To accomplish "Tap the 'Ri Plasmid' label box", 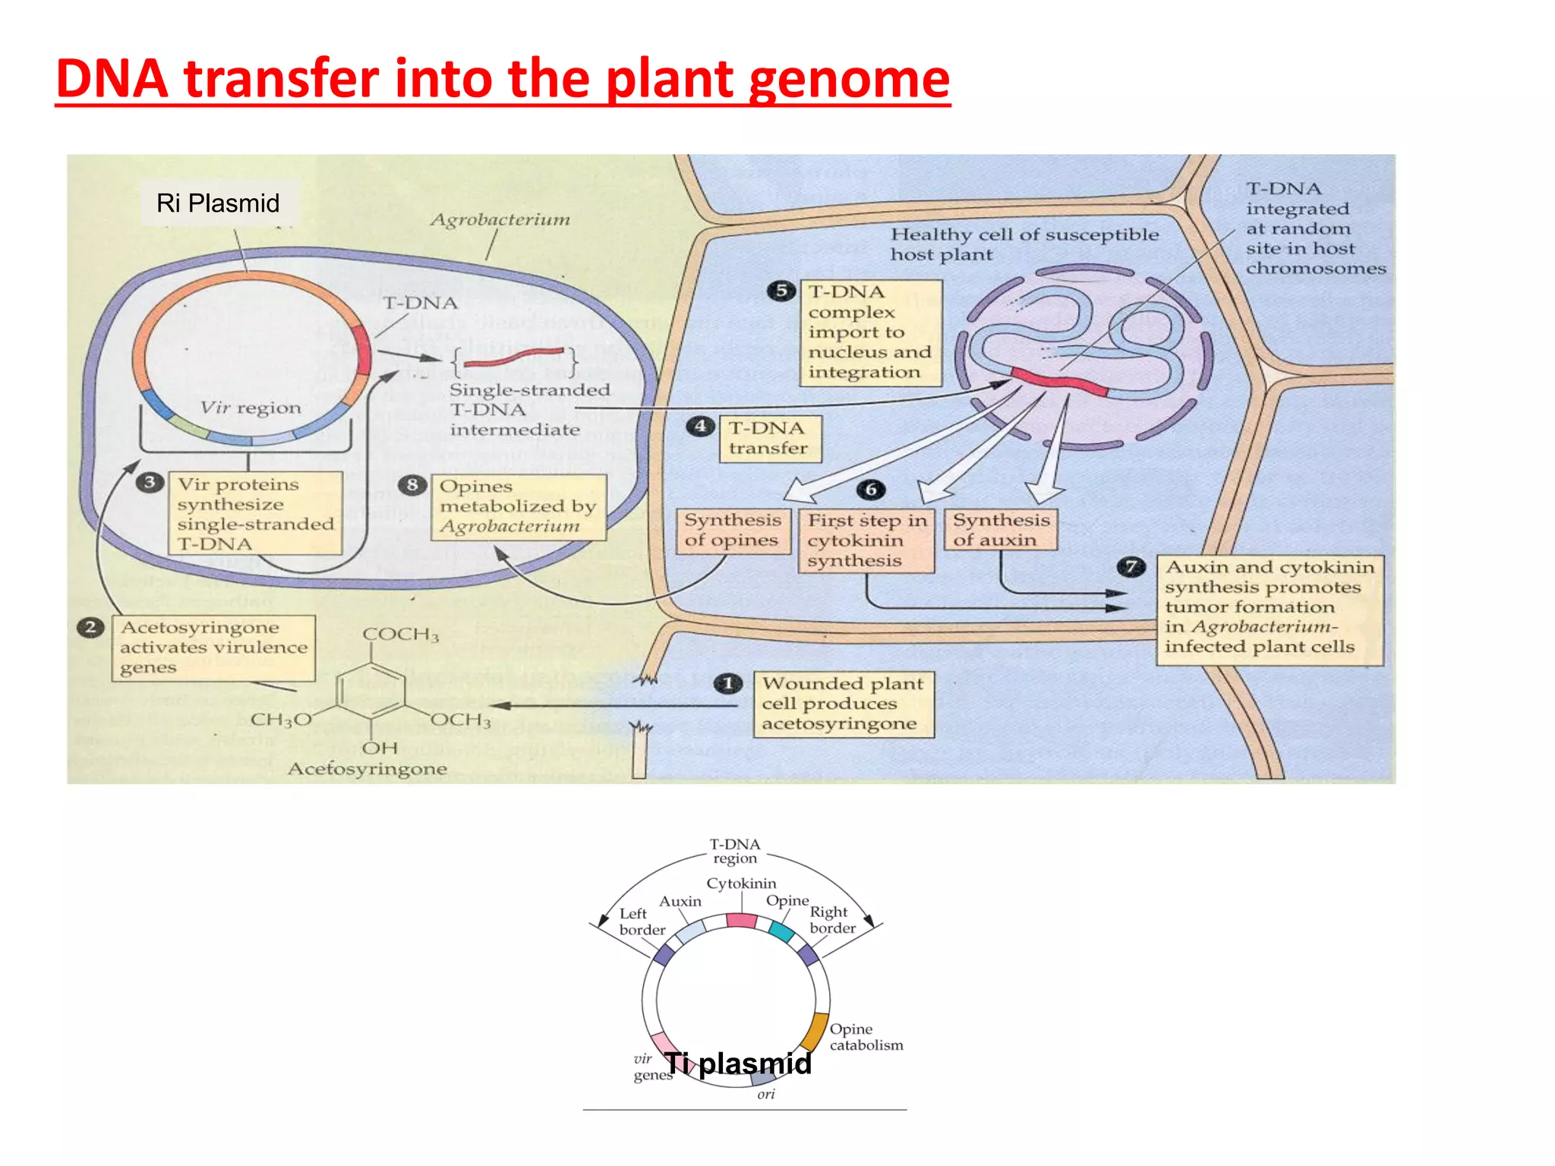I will click(218, 203).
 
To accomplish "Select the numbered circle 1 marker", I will click(728, 683).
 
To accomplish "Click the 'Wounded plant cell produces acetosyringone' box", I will click(843, 704).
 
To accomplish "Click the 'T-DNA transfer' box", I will click(769, 439).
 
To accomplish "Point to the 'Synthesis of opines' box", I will click(732, 531).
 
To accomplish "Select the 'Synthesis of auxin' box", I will click(1001, 530).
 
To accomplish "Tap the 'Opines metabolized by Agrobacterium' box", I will click(519, 506).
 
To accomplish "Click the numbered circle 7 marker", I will click(1131, 567).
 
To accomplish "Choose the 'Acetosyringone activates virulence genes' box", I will click(213, 648).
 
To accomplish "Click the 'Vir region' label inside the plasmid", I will click(251, 408).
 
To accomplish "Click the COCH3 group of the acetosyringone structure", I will click(400, 635).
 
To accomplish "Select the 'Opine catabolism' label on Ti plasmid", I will click(866, 1037).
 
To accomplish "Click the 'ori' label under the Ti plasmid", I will click(766, 1095).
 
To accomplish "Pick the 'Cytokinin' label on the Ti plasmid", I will click(741, 884).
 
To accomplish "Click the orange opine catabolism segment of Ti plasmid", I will click(815, 1032).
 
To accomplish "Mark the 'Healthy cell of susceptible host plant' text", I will click(1024, 244).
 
